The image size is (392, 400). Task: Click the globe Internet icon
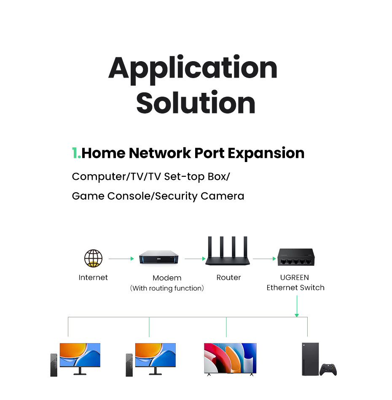point(93,258)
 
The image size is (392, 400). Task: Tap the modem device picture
point(158,257)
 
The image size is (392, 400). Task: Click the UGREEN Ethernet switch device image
point(296,257)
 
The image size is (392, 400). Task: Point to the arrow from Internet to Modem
point(121,259)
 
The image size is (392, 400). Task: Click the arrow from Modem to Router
point(195,259)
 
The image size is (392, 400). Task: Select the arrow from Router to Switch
point(265,259)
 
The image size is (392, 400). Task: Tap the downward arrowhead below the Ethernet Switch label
point(297,315)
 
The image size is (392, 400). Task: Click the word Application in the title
point(193,69)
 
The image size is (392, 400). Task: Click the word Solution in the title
point(196,103)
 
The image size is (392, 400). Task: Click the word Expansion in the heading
point(266,154)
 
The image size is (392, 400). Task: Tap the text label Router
point(228,278)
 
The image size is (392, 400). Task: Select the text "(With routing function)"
point(167,288)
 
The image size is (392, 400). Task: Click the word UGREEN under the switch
point(295,278)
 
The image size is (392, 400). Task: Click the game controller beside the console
point(328,370)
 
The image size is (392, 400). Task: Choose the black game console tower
point(311,359)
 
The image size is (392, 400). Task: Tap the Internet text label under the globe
point(93,278)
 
